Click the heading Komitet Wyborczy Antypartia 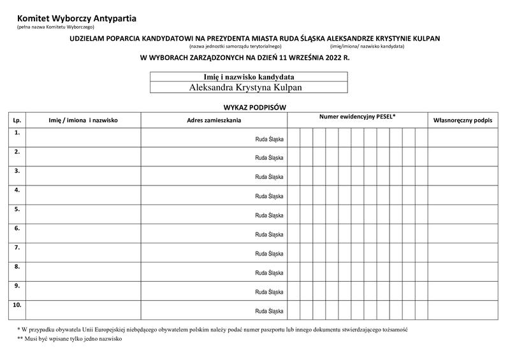(x=76, y=18)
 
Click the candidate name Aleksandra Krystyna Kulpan (x=245, y=87)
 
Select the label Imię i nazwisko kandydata (x=249, y=77)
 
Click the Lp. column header (x=17, y=120)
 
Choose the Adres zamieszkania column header (x=214, y=120)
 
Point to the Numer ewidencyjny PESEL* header (x=357, y=117)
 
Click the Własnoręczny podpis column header (x=462, y=120)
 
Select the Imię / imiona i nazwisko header (x=83, y=120)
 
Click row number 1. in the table (x=17, y=133)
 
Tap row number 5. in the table (x=17, y=209)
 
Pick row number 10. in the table (x=17, y=305)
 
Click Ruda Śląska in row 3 (x=269, y=176)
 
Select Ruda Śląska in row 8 (x=269, y=273)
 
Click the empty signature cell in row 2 (x=462, y=156)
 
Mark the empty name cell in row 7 (x=83, y=252)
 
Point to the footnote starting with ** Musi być (x=69, y=339)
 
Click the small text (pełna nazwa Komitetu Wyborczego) (x=55, y=27)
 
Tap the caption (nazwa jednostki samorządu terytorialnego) (x=235, y=47)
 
